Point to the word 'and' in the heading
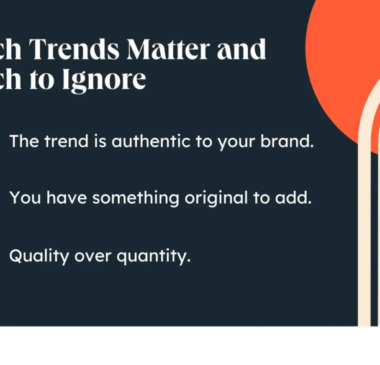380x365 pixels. click(x=242, y=49)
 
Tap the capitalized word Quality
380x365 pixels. click(x=38, y=256)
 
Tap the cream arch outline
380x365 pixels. click(x=364, y=217)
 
